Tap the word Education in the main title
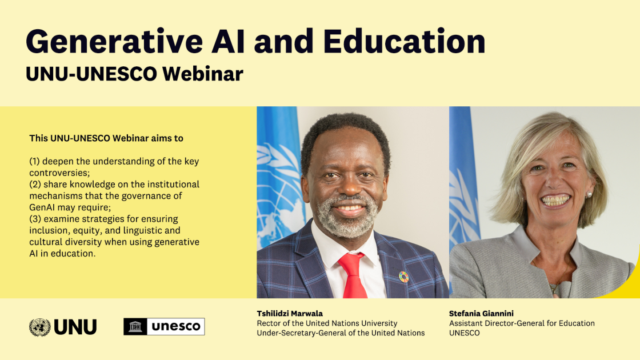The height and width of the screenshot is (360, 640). coord(404,41)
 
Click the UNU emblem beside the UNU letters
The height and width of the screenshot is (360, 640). coord(39,327)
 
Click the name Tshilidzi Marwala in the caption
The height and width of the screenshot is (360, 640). coord(290,314)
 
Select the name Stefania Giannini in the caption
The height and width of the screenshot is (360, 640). coord(481,314)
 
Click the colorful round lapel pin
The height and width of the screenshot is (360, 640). coord(403,277)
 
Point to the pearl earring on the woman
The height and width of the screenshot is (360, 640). coord(589,195)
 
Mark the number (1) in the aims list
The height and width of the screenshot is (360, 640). coord(35,162)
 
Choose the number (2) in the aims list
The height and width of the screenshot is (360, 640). coord(35,185)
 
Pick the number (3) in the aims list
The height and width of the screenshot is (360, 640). coord(35,219)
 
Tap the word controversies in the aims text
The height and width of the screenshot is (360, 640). coord(59,173)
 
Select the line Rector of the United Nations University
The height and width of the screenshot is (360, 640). coord(327,323)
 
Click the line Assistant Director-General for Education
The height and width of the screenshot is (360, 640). coord(522,323)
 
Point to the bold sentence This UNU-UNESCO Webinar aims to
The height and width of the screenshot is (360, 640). coord(106,138)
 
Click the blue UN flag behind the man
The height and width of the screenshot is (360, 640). coord(277,171)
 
